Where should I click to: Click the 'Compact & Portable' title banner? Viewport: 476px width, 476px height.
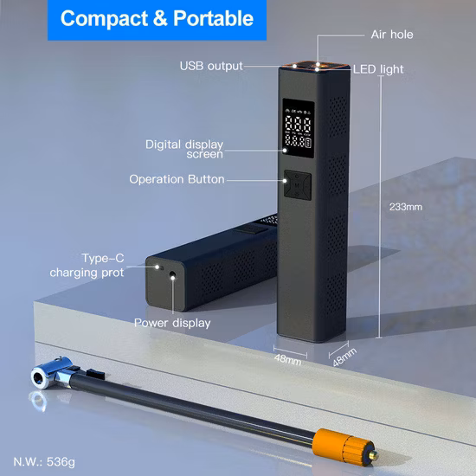(x=157, y=17)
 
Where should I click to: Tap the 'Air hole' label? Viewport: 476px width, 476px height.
(x=391, y=35)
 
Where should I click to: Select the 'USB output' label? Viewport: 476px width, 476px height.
(x=211, y=66)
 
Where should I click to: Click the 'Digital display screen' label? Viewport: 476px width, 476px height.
(x=184, y=149)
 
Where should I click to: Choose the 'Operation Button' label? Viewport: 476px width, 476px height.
(x=177, y=179)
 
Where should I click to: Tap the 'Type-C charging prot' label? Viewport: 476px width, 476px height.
(x=87, y=265)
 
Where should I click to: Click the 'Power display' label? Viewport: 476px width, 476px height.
(x=171, y=323)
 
